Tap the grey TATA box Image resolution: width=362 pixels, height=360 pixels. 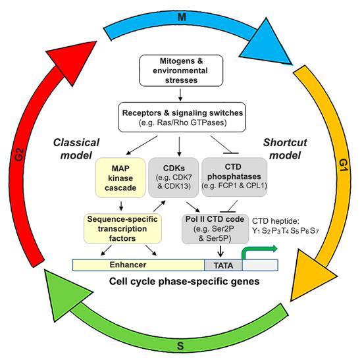pos(222,264)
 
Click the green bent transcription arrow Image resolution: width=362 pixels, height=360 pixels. pos(260,251)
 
